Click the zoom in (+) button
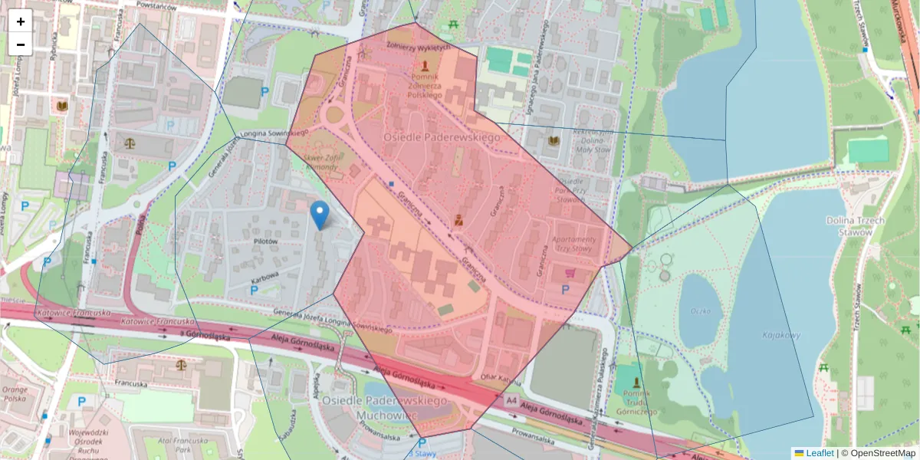click(21, 21)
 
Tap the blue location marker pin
click(320, 214)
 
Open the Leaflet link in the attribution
click(820, 453)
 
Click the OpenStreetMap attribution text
click(882, 453)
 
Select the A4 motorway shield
click(511, 400)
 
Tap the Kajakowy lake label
click(780, 335)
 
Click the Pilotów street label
click(264, 241)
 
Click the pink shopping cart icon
click(570, 273)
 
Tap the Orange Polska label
click(15, 394)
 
